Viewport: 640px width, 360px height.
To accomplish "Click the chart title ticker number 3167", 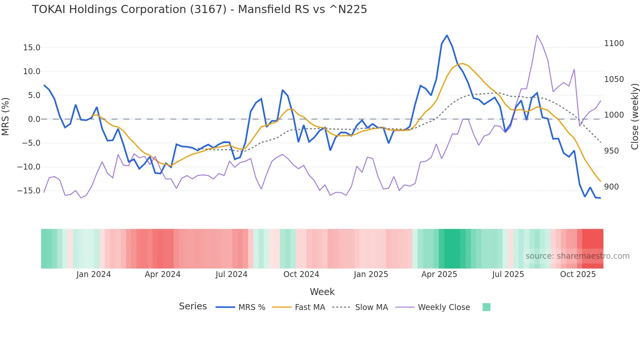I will pos(208,9).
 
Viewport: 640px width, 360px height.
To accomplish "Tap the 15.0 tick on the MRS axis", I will pos(32,48).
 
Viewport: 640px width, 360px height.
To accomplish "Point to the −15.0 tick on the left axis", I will pos(29,191).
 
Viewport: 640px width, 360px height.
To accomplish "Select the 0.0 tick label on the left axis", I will pos(34,119).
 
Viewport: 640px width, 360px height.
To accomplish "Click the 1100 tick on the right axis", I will pos(614,43).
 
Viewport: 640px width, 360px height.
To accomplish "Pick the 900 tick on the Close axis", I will pos(611,187).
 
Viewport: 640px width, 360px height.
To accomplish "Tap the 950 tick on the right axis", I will pos(611,151).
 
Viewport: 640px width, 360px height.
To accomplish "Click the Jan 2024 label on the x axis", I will pos(93,274).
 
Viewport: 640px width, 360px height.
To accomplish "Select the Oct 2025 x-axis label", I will pos(578,274).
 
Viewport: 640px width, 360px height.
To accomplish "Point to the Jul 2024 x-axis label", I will pos(231,274).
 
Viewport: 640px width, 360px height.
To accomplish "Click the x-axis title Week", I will pos(322,292).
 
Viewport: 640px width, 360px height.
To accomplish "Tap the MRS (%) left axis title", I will pos(5,117).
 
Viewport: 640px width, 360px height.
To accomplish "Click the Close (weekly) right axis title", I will pos(634,117).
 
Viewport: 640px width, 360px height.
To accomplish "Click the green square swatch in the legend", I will pos(486,307).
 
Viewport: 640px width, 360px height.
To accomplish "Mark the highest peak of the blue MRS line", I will pos(447,36).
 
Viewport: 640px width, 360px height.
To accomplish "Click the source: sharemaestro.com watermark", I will pos(577,256).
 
